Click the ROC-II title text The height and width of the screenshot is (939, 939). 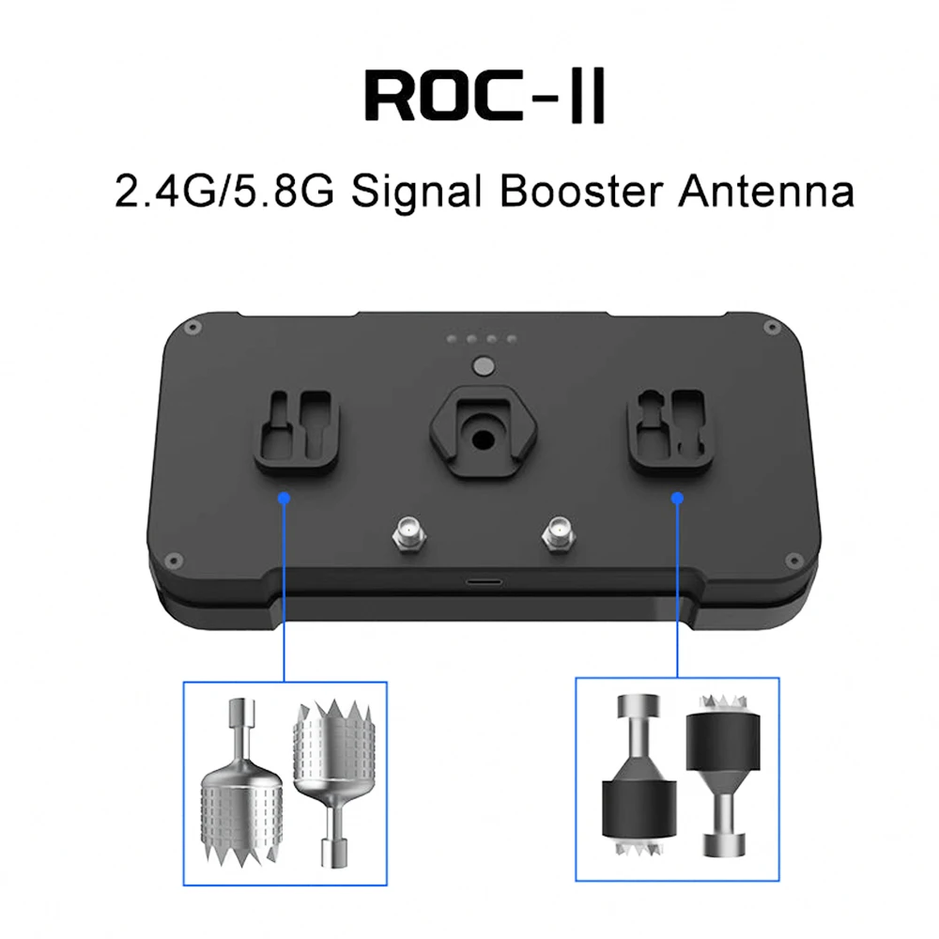485,96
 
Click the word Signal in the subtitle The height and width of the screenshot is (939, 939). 416,192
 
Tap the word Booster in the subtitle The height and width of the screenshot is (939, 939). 581,192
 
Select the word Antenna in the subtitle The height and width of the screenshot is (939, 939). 766,192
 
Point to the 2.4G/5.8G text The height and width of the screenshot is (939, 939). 224,192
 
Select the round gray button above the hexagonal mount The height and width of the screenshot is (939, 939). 483,365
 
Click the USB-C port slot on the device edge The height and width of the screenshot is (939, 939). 484,581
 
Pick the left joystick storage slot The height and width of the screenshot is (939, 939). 298,432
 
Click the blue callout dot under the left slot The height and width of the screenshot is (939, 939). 285,498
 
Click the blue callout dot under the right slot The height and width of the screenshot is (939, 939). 677,498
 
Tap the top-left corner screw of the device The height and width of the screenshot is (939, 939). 192,328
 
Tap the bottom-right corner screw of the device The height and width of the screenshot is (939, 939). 794,561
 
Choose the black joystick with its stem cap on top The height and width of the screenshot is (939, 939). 639,773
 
